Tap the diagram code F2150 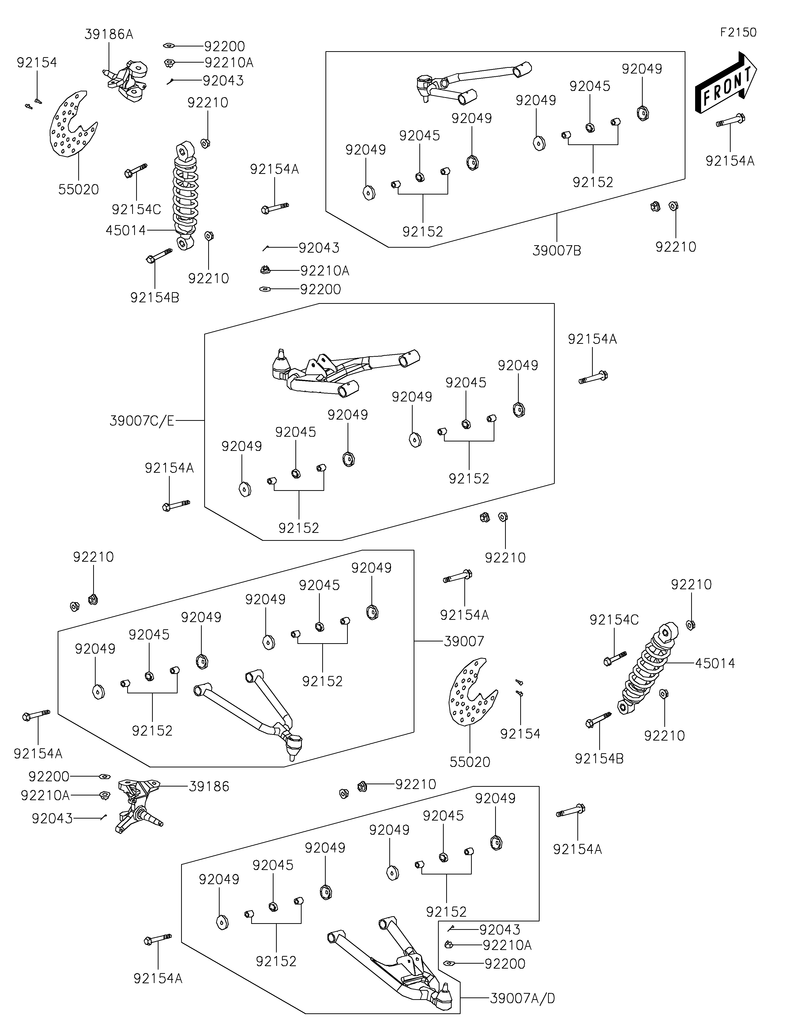(x=738, y=33)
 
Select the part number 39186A (x=109, y=34)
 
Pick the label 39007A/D (x=522, y=998)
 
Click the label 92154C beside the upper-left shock (x=136, y=209)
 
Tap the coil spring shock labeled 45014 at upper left (x=186, y=195)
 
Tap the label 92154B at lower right (x=599, y=758)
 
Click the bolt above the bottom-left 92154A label (x=158, y=940)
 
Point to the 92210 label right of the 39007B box (x=676, y=247)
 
